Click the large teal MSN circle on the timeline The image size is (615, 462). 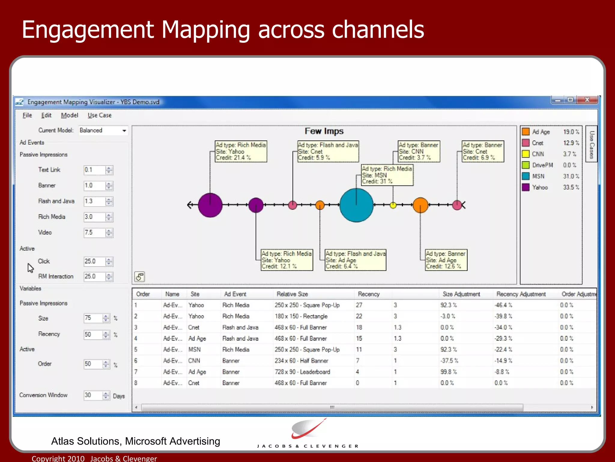click(x=356, y=205)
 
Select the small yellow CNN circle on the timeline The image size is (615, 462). click(x=393, y=205)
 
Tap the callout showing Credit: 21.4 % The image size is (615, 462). click(x=241, y=152)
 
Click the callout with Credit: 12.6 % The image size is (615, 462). click(x=446, y=260)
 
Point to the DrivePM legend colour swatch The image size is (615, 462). click(x=526, y=165)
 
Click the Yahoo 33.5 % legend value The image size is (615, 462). click(x=571, y=187)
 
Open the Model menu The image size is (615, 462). click(x=69, y=115)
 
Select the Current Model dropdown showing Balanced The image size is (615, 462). click(x=103, y=131)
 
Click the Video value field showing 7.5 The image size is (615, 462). click(x=94, y=233)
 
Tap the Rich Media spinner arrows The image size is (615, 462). click(x=109, y=217)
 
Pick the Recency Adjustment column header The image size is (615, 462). click(x=521, y=294)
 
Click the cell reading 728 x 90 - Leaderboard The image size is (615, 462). click(x=302, y=372)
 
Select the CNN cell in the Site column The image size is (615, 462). click(x=194, y=361)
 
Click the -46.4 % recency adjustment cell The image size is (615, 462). click(x=503, y=305)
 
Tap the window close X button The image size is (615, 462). click(x=587, y=100)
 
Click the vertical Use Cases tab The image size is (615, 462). click(x=592, y=144)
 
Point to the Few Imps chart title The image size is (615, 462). click(x=324, y=131)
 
